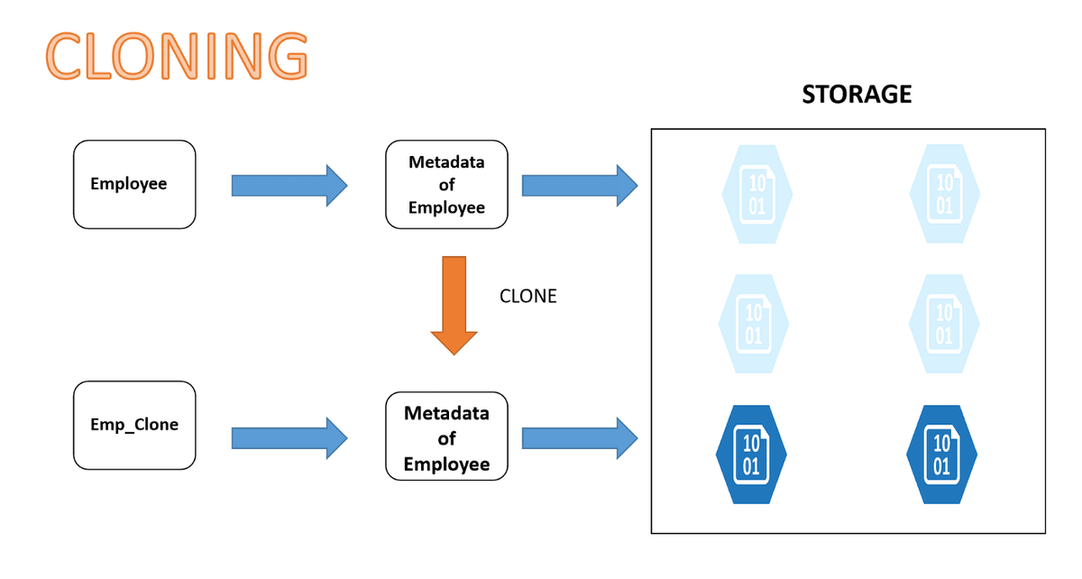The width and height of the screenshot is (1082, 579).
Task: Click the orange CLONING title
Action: point(177,56)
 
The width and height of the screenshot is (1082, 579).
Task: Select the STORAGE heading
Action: point(857,95)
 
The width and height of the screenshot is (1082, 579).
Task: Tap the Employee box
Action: point(134,184)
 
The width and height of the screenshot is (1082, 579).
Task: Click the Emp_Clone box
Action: point(134,425)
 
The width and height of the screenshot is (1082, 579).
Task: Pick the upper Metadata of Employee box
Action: point(446,184)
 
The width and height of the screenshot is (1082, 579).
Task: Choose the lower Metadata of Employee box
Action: point(446,438)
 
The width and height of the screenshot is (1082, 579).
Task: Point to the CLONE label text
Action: point(527,296)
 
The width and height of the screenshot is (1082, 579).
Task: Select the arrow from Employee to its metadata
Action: point(289,185)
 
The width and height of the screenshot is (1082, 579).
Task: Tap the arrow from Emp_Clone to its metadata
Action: point(289,438)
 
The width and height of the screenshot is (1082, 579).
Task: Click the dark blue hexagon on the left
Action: point(752,454)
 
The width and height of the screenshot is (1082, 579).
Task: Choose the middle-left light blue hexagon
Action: point(754,323)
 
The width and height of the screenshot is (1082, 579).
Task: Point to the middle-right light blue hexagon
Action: point(943,323)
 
